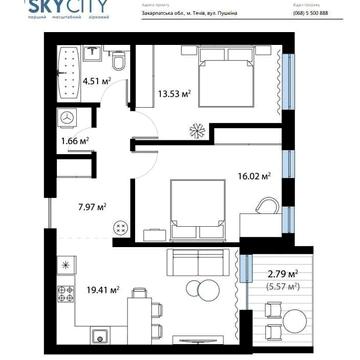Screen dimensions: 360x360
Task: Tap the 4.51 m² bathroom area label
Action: click(x=96, y=84)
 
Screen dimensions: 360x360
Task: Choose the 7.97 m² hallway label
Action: click(x=91, y=207)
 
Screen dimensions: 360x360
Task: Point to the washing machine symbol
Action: click(x=66, y=117)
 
